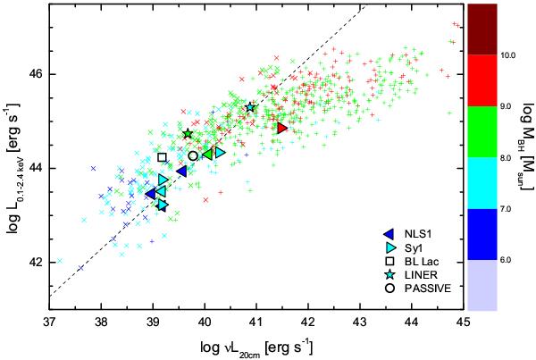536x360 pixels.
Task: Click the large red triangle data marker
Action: coord(281,129)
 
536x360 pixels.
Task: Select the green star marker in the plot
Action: coord(188,134)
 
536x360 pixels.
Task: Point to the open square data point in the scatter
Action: coord(162,157)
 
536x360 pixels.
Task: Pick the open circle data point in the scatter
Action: coord(193,155)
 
